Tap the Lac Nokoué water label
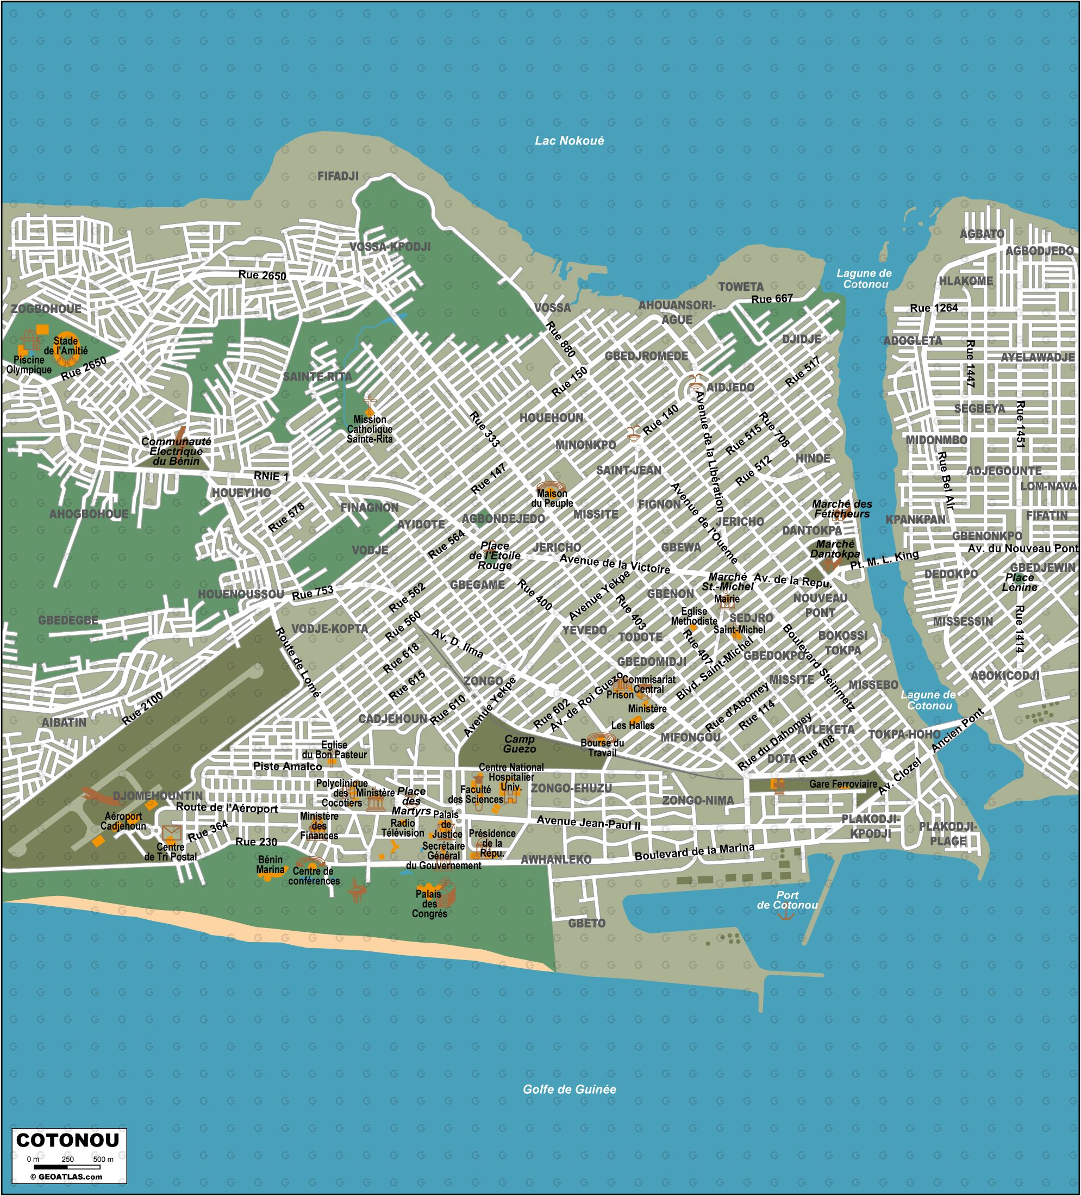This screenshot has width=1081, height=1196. click(x=568, y=141)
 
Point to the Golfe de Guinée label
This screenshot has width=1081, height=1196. click(x=568, y=1089)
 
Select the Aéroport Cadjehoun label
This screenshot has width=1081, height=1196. click(x=123, y=821)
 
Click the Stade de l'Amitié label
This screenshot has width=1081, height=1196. click(x=65, y=345)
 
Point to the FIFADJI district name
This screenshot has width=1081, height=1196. click(x=338, y=176)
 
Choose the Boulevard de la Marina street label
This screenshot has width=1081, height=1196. click(x=694, y=851)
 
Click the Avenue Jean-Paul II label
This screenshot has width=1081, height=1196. click(x=588, y=822)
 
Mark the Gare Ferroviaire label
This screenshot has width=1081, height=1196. click(x=842, y=784)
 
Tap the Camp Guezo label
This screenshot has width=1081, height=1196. click(x=520, y=743)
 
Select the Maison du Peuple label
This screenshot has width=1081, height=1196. click(x=552, y=498)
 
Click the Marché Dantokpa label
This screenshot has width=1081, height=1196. click(x=835, y=549)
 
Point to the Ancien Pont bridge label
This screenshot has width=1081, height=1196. click(x=957, y=730)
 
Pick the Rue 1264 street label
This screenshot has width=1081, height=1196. click(x=933, y=308)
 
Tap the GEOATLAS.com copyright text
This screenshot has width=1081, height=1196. click(x=66, y=1176)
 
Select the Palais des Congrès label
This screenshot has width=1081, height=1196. click(x=429, y=904)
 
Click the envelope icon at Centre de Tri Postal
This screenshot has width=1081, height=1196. click(x=171, y=832)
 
